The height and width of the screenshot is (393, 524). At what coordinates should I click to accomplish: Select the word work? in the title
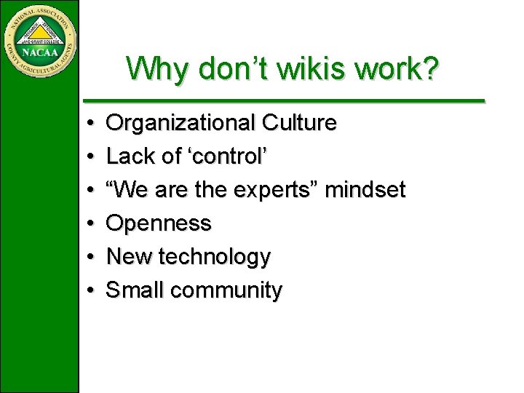coord(405,69)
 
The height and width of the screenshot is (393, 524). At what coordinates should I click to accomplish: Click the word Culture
coord(299,123)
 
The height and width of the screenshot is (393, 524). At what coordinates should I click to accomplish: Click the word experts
coord(276,191)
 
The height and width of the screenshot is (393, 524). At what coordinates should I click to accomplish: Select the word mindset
coord(365,190)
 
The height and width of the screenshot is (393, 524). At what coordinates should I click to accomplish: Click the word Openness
coord(159,223)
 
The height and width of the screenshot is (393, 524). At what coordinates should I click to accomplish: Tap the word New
coord(129,257)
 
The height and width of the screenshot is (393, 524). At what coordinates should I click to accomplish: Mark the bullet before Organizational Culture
coord(87,124)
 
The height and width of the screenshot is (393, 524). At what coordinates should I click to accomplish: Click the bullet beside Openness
coord(87,224)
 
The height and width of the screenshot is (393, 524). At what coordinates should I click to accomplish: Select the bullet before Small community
coord(87,291)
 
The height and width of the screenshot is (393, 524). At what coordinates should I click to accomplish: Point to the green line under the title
coord(284,100)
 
